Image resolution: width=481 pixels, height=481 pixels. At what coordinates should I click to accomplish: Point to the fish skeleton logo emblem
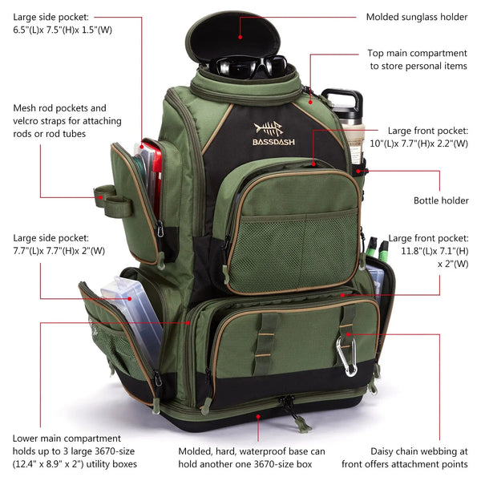click(269, 128)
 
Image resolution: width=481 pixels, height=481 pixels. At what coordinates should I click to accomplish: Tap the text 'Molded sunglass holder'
click(417, 17)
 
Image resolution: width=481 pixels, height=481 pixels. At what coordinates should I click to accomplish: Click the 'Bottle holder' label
click(441, 200)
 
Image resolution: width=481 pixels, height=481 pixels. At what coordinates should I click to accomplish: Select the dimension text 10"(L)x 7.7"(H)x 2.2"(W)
click(428, 146)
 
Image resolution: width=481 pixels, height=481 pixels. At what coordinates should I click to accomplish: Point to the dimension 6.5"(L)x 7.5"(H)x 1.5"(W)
click(62, 30)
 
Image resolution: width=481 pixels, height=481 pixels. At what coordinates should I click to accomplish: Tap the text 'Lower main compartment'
click(67, 439)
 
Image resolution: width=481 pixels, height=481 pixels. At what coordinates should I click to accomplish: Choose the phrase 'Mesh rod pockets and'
click(59, 107)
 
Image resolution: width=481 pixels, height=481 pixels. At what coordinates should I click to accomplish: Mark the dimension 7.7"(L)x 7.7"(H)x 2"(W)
click(59, 251)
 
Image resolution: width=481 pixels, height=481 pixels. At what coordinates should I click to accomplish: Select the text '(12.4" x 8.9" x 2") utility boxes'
click(75, 464)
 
